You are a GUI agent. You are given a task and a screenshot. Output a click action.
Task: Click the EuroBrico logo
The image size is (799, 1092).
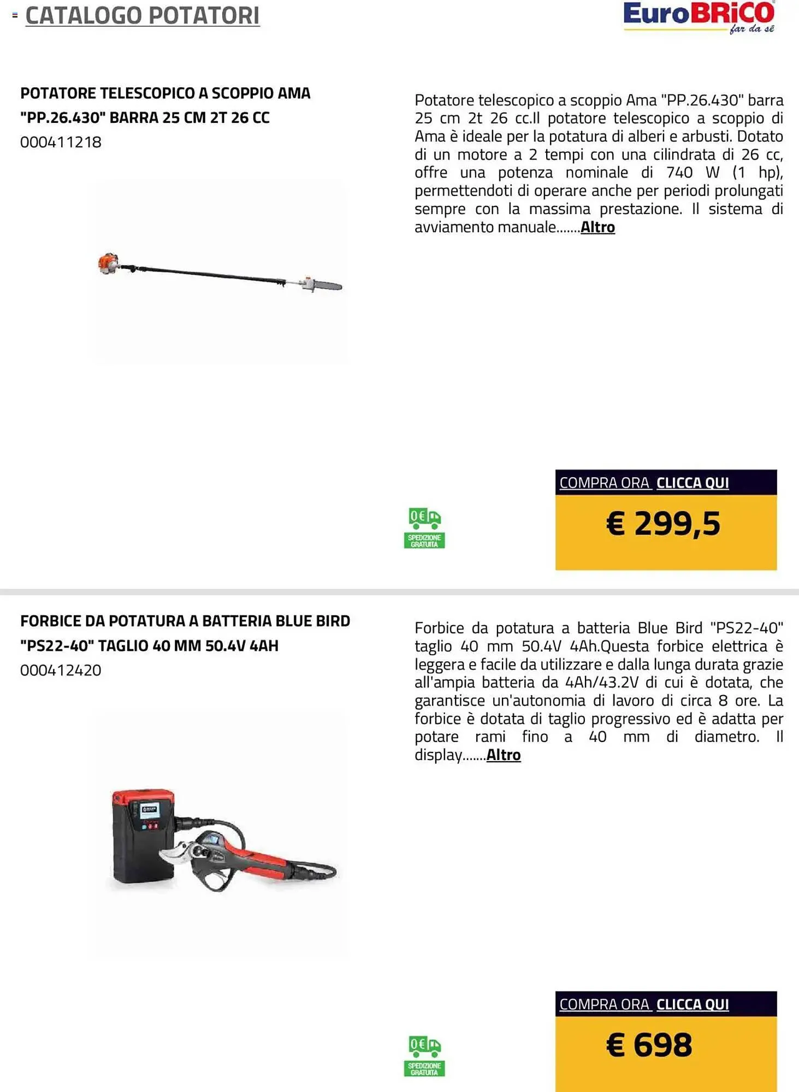tap(699, 16)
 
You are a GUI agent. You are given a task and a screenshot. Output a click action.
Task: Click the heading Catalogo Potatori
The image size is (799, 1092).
tap(143, 16)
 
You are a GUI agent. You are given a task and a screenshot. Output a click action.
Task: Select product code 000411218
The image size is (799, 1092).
tap(61, 143)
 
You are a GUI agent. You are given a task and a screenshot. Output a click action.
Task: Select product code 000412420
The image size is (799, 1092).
tap(61, 670)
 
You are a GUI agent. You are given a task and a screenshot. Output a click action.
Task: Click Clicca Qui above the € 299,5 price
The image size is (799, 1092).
tap(692, 483)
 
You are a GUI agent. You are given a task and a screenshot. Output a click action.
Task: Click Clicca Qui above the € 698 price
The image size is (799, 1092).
tap(692, 1005)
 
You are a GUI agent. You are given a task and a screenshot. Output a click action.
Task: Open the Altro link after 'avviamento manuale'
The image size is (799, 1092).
tap(597, 227)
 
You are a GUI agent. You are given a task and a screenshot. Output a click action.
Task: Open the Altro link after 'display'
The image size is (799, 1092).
tap(504, 755)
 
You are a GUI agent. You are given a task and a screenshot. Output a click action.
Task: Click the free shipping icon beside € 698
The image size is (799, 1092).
tap(424, 1056)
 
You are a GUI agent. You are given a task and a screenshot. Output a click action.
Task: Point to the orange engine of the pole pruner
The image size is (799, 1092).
tap(108, 263)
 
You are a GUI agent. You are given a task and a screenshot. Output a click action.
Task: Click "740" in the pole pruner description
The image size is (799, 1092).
tap(679, 173)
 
